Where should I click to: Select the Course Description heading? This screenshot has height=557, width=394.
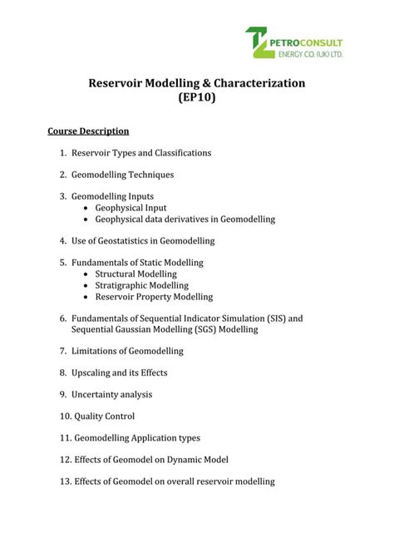click(x=88, y=131)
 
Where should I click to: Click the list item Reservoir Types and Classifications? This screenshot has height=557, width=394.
click(x=141, y=153)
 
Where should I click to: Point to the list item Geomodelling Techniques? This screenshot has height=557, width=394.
click(x=122, y=175)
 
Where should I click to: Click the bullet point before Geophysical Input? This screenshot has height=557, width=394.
click(x=87, y=208)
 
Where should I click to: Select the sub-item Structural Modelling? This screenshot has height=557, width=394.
click(x=135, y=274)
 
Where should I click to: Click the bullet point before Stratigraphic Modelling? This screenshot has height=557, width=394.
click(x=87, y=285)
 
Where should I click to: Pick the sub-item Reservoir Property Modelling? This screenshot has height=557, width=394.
click(x=154, y=297)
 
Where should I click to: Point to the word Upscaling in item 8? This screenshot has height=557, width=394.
click(x=93, y=372)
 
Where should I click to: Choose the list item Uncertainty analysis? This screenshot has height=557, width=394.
click(x=111, y=394)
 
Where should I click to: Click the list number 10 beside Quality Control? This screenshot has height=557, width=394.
click(x=64, y=416)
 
